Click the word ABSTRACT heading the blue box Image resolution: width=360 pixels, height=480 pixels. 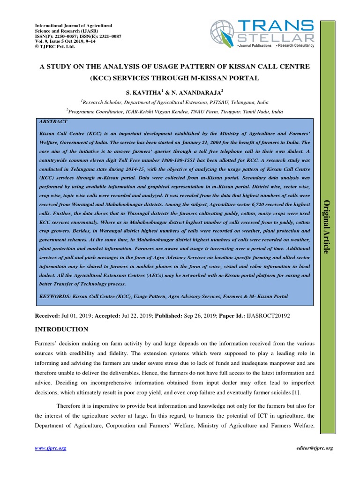pyautogui.click(x=53, y=120)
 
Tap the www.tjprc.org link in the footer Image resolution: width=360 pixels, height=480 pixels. pyautogui.click(x=51, y=448)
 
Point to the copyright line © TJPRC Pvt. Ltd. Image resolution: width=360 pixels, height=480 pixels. pyautogui.click(x=55, y=46)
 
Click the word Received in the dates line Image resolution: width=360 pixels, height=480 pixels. pyautogui.click(x=48, y=316)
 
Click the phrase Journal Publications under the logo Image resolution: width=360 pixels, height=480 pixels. pyautogui.click(x=255, y=45)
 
